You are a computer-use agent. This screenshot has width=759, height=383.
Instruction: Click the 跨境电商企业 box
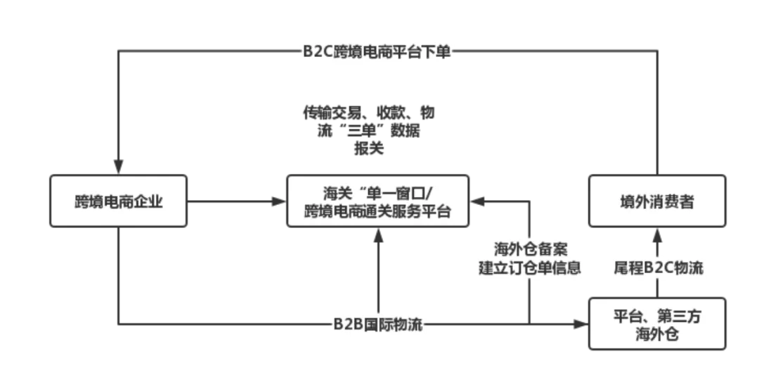click(119, 201)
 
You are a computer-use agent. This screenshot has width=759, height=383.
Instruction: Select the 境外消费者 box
click(657, 201)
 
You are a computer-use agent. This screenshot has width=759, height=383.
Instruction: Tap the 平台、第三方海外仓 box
click(657, 325)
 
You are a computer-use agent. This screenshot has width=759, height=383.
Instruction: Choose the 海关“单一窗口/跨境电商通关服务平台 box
click(378, 201)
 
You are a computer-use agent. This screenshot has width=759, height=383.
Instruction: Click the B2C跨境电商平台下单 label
click(377, 51)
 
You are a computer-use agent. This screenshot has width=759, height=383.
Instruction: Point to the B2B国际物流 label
click(377, 325)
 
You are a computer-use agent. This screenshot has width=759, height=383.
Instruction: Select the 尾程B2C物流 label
click(657, 268)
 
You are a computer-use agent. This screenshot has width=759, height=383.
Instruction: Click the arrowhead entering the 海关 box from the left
click(278, 202)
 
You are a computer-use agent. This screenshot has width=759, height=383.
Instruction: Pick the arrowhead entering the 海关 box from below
click(379, 238)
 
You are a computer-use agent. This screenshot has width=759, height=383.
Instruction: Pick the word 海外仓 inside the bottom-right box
click(657, 335)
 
